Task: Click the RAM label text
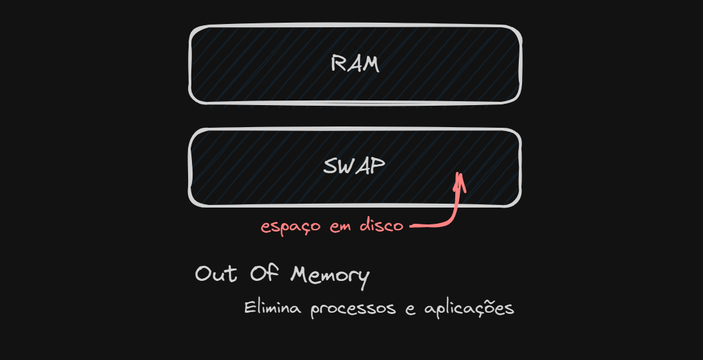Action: [354, 64]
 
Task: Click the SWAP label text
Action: [354, 167]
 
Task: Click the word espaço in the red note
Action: [290, 227]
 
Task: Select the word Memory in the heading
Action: [329, 276]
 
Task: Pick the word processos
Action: [353, 309]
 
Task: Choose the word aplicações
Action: [469, 309]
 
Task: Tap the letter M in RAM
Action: [371, 64]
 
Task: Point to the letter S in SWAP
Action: [330, 167]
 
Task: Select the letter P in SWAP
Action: [378, 167]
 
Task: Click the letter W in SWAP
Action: [347, 167]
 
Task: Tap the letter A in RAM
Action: [354, 64]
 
